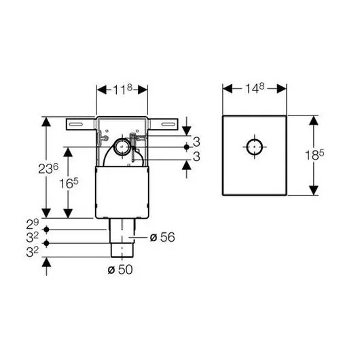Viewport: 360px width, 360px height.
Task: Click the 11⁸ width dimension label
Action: tap(123, 89)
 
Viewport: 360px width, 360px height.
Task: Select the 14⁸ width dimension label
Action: tap(255, 88)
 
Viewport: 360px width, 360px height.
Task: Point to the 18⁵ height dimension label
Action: tap(314, 155)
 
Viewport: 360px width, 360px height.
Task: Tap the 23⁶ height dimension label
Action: tap(48, 168)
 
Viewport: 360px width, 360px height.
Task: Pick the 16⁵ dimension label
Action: tap(69, 183)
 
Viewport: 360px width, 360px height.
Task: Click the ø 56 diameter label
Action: tap(162, 237)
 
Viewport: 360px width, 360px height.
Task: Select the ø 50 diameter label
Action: tap(120, 269)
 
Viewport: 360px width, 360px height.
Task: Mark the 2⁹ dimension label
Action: tap(33, 224)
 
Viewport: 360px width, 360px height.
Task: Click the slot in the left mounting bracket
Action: tap(76, 124)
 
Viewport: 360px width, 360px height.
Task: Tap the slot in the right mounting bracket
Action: tap(168, 124)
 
